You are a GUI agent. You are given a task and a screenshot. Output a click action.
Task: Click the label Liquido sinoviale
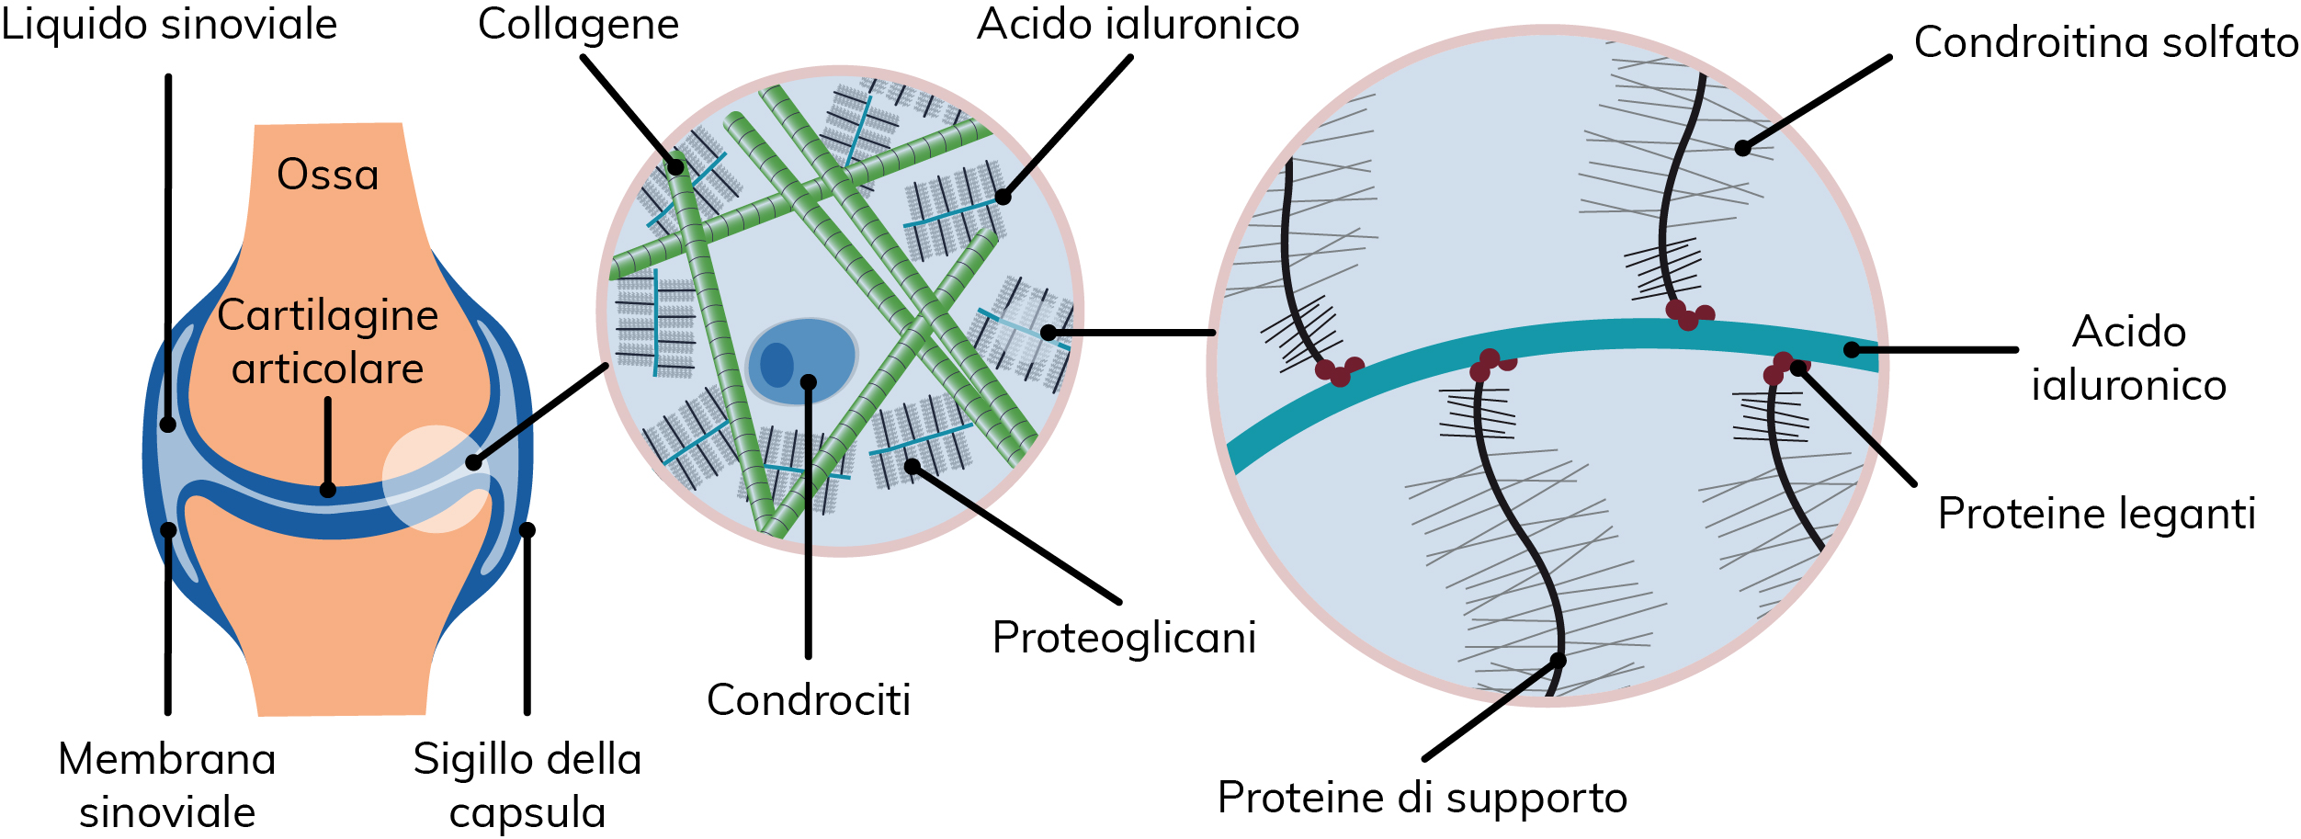point(169,24)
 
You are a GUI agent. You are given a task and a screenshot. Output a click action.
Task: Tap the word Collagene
point(578,25)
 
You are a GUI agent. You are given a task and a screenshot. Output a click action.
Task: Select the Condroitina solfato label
point(2106,42)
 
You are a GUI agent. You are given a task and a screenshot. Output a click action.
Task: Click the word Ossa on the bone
point(328,175)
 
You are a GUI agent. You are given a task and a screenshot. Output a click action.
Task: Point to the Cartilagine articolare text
point(328,342)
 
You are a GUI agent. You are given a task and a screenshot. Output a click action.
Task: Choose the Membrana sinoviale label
point(167,786)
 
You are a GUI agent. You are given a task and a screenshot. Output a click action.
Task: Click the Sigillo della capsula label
point(527,786)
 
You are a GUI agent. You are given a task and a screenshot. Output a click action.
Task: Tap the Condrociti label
point(809,700)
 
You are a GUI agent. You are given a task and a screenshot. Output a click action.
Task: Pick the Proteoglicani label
point(1124,639)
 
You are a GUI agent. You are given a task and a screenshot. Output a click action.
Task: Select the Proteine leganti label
point(2097,514)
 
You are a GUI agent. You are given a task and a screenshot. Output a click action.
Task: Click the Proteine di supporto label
point(1423,798)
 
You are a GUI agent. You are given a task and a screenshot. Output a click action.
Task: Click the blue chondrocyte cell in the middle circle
point(802,362)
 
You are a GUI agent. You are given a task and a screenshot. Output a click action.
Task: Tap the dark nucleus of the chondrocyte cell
point(776,365)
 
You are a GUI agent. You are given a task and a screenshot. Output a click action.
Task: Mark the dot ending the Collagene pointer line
point(675,167)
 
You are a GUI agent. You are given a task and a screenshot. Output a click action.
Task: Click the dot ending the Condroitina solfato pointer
point(1742,148)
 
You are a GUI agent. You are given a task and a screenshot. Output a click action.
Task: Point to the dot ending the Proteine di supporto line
point(1558,660)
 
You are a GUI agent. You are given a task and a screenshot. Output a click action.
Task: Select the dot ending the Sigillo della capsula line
point(527,529)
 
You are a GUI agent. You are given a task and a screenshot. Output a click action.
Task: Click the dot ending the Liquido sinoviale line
point(167,424)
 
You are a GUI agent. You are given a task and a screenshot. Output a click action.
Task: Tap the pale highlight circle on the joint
point(436,479)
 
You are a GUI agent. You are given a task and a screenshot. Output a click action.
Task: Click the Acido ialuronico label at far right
point(2128,358)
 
